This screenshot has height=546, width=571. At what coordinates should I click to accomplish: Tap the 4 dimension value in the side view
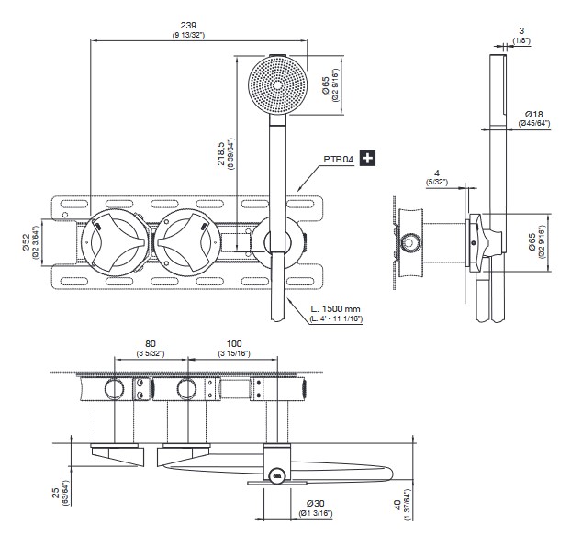pos(438,173)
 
